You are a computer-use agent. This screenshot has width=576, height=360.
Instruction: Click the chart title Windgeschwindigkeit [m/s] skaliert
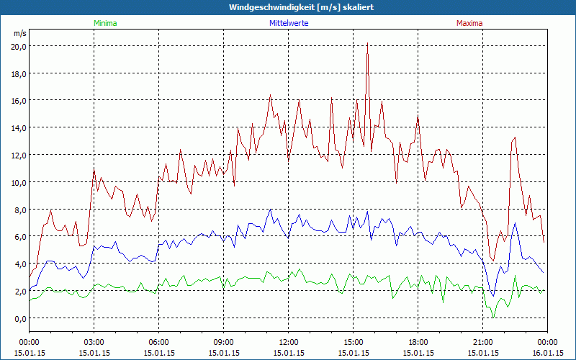coord(287,7)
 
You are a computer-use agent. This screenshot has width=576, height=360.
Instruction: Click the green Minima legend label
coord(104,23)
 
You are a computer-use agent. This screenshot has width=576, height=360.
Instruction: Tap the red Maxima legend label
coord(469,23)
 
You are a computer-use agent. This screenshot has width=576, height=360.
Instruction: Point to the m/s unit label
coord(19,33)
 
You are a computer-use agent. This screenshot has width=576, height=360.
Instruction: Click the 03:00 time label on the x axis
coord(94,342)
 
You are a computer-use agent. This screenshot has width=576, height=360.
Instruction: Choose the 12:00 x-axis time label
coord(288,342)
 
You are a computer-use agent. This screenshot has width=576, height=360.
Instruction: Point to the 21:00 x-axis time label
coord(482,342)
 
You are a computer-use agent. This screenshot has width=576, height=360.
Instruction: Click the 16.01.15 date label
coord(547,353)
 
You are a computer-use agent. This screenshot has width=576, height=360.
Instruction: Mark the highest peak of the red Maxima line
coord(367,43)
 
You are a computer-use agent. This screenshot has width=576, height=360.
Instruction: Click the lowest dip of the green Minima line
coord(493,316)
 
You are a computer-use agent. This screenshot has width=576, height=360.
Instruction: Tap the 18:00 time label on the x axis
coord(418,342)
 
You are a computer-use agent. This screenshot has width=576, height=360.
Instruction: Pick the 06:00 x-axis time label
coord(158,342)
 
